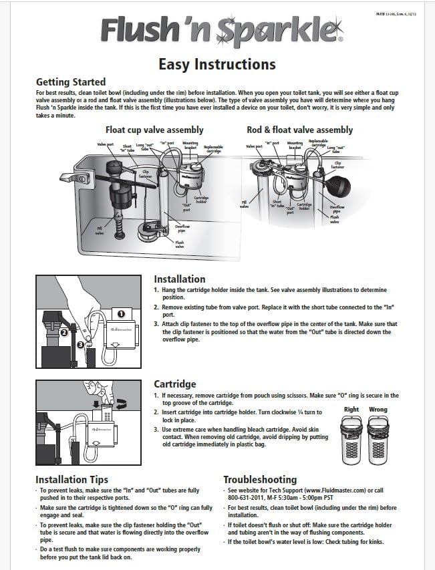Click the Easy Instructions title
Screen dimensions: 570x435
click(216, 64)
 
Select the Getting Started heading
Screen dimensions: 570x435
click(71, 82)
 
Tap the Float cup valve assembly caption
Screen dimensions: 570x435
click(154, 130)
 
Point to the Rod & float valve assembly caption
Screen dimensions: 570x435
click(299, 130)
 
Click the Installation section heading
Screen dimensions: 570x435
click(180, 279)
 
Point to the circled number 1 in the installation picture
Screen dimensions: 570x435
click(121, 313)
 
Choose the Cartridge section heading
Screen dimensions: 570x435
click(175, 384)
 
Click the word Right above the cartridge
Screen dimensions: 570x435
click(351, 410)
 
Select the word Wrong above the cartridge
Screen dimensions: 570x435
click(378, 410)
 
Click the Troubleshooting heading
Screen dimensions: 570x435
click(260, 479)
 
